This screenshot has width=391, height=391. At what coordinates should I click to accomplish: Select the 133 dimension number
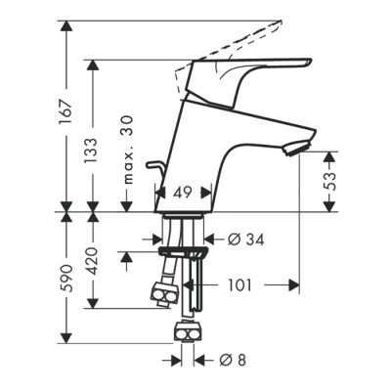tap(91, 152)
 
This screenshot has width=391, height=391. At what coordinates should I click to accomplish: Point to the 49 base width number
tap(182, 193)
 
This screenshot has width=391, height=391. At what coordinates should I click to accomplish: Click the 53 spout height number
tap(329, 181)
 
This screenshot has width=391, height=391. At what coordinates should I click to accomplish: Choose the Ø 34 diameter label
tap(246, 239)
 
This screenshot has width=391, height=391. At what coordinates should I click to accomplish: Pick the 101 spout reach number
tap(239, 285)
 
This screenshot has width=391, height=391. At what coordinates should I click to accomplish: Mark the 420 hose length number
tap(91, 261)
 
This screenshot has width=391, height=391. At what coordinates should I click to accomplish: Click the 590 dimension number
tap(65, 278)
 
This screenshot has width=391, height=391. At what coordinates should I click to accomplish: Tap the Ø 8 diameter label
tap(233, 360)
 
